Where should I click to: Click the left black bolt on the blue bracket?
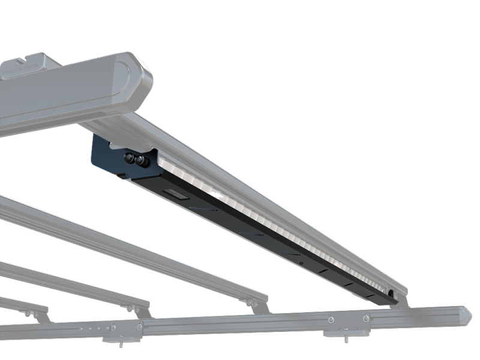point(128,158)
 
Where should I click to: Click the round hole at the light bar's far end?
point(391,293)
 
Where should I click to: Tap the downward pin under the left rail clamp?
point(120,344)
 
